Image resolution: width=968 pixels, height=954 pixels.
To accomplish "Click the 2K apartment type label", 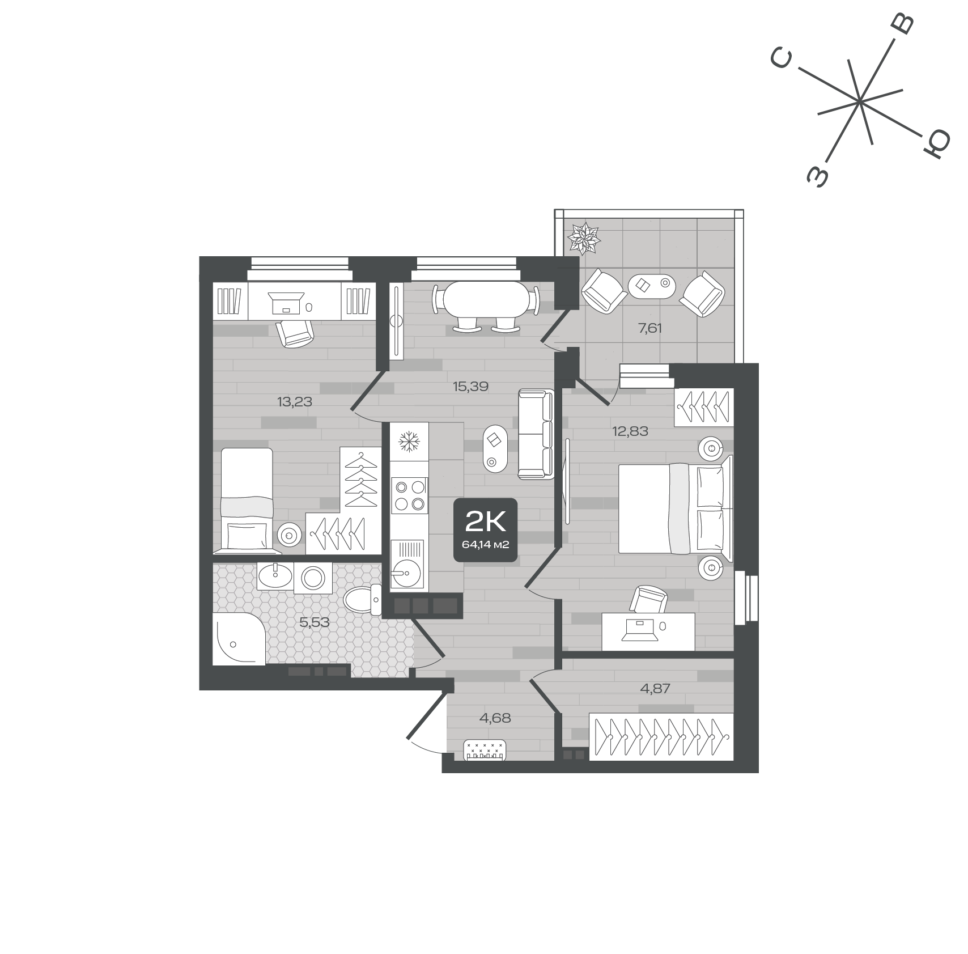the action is pyautogui.click(x=485, y=521).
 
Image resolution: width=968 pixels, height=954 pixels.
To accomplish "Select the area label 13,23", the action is pyautogui.click(x=295, y=402).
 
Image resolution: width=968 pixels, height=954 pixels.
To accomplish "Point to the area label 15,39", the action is pyautogui.click(x=470, y=387).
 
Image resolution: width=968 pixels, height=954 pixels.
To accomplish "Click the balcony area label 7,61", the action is pyautogui.click(x=650, y=328).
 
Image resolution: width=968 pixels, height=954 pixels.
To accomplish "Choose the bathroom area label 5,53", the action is pyautogui.click(x=315, y=622).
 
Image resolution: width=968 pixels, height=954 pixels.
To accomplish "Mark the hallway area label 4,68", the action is pyautogui.click(x=495, y=718).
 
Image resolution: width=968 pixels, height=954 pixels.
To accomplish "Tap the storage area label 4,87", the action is pyautogui.click(x=655, y=688).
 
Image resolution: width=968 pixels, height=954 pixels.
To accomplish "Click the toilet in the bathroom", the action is pyautogui.click(x=362, y=600).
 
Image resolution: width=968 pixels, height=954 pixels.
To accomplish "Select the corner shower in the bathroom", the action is pyautogui.click(x=239, y=639).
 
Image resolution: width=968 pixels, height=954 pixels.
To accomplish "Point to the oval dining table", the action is pyautogui.click(x=485, y=299).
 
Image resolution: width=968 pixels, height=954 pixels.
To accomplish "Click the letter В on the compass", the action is pyautogui.click(x=902, y=24).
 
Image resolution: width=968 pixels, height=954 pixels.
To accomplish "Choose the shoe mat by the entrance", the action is pyautogui.click(x=485, y=751).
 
